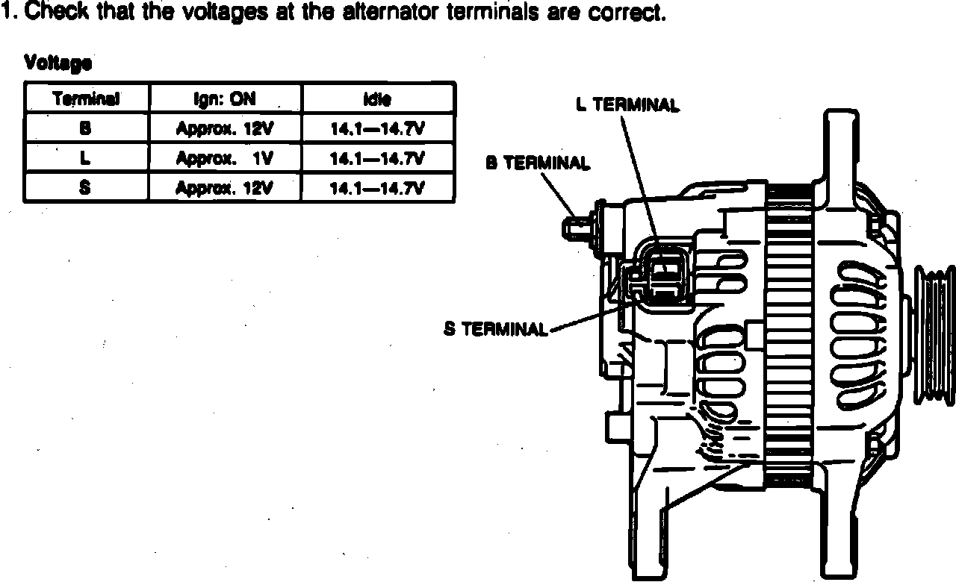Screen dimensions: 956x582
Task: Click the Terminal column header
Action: [x=87, y=98]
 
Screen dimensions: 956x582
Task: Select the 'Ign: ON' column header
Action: [x=226, y=98]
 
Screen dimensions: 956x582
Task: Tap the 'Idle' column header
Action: [x=377, y=98]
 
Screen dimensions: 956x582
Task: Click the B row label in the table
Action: [x=85, y=128]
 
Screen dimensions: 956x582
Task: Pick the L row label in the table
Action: [x=85, y=158]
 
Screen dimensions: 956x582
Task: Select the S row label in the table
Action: [x=85, y=187]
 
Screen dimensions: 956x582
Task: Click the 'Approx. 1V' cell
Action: [x=225, y=158]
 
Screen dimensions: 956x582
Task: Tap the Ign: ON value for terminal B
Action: [x=225, y=128]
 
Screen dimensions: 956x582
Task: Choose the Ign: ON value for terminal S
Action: [x=225, y=187]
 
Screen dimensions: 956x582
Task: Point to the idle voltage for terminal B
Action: [x=377, y=128]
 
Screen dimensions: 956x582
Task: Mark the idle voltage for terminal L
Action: [x=377, y=158]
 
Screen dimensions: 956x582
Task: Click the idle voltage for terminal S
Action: [x=377, y=187]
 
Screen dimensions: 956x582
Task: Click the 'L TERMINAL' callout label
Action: [x=627, y=105]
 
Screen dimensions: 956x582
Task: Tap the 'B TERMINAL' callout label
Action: [x=538, y=163]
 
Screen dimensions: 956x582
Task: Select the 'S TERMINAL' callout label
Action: [x=496, y=329]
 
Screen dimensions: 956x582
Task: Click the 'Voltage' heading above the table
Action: [x=58, y=63]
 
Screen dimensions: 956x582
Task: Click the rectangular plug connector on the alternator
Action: [x=664, y=273]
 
